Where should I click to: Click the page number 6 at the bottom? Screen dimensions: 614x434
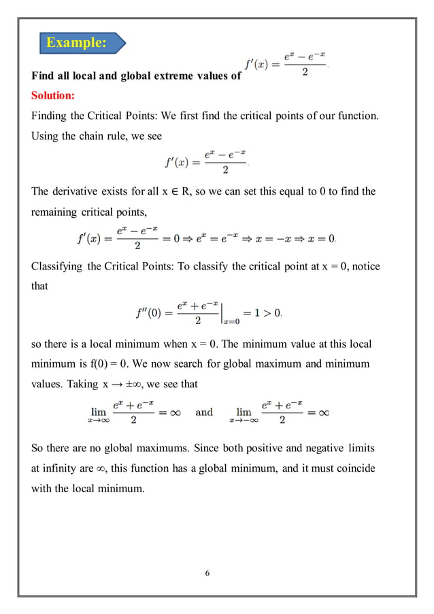point(207,572)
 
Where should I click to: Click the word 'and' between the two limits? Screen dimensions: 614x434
point(204,412)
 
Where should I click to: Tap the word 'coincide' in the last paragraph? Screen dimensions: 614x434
point(358,468)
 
